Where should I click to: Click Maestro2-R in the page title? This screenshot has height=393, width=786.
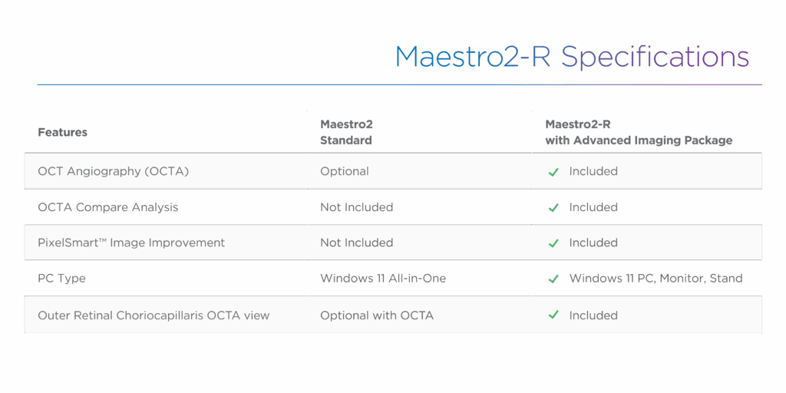click(473, 57)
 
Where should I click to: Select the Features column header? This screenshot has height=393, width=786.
click(63, 132)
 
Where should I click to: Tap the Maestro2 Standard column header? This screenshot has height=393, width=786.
click(346, 132)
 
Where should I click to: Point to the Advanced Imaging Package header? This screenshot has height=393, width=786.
click(639, 132)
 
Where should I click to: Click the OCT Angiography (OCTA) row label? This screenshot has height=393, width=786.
click(114, 171)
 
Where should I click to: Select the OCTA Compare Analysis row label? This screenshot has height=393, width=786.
click(107, 207)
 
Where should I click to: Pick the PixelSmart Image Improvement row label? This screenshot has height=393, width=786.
click(131, 243)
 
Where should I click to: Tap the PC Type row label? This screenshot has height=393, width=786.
click(61, 279)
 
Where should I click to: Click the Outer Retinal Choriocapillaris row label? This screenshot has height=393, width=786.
click(154, 315)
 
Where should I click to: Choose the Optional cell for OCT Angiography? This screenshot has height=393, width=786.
click(345, 171)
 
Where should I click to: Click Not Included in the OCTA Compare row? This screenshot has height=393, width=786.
click(356, 207)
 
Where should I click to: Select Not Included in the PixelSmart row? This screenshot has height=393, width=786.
click(356, 243)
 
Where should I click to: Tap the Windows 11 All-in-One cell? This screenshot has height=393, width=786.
click(383, 278)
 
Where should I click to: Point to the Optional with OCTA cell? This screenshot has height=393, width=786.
click(377, 315)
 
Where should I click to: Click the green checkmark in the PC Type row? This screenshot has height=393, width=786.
click(553, 279)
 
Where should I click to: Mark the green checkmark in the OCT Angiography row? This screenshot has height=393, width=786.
click(553, 173)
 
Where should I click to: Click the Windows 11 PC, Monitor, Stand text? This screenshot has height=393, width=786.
click(656, 278)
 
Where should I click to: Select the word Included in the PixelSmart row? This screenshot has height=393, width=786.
click(593, 243)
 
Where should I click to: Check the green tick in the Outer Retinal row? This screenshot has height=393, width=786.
click(553, 315)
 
